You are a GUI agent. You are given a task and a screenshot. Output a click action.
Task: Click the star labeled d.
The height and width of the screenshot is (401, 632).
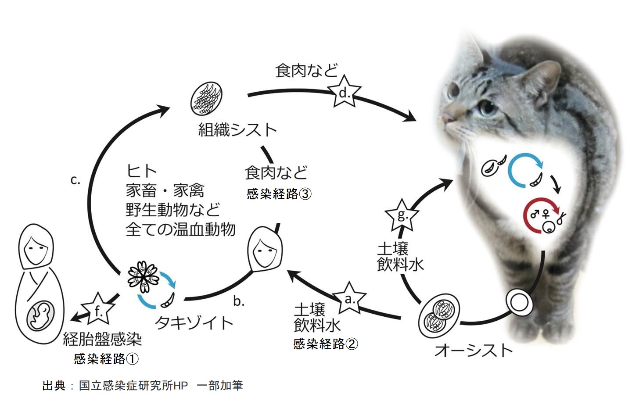pos(344,92)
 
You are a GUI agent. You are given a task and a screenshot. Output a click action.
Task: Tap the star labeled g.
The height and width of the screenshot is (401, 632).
pos(402,215)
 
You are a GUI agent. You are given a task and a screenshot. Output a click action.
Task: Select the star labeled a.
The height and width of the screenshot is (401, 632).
pos(349,298)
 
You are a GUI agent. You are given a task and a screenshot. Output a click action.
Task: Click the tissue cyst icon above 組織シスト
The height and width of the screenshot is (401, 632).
pos(206,99)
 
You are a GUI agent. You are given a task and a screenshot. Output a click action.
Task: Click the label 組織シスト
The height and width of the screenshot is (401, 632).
pos(237,130)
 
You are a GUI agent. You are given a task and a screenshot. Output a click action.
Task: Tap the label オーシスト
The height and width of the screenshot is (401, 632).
pos(474,351)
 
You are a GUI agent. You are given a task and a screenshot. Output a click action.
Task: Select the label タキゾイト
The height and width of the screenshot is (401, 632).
pos(194,322)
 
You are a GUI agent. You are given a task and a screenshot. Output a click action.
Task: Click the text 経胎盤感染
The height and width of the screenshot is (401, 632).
pos(102,339)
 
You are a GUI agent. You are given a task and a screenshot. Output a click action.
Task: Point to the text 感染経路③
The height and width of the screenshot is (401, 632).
pos(279,194)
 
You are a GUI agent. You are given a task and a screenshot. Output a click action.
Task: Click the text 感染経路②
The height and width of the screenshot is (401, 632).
pos(326,344)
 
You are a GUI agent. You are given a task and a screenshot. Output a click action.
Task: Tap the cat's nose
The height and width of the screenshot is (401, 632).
pos(447,116)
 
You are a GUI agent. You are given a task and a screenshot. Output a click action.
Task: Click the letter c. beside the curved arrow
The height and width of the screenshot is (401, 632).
pos(75,180)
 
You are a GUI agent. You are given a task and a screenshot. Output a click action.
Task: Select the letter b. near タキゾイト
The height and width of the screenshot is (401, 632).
pos(239,301)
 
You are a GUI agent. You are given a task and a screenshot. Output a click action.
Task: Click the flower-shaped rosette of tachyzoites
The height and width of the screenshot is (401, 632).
pos(143,277)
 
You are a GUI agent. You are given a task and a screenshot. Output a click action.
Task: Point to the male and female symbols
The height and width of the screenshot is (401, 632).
pos(540,214)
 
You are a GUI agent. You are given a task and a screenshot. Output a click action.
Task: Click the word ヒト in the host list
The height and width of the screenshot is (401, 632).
pos(141,171)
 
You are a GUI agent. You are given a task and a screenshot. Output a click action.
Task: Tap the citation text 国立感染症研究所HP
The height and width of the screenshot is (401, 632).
pos(133,386)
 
